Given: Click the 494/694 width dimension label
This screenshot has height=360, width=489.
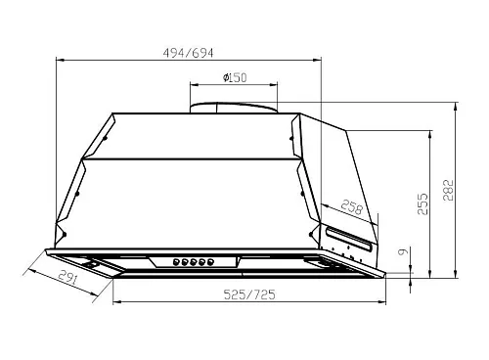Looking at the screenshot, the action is [188, 53].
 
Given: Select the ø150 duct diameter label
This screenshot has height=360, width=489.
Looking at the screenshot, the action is [235, 77].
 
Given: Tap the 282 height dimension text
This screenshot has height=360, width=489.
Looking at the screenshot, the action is [449, 190].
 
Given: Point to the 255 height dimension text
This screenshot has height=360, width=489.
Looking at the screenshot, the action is [422, 203].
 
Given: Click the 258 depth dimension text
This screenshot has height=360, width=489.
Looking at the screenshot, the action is [352, 207].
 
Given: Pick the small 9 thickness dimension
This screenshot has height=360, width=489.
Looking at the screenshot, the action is [403, 251].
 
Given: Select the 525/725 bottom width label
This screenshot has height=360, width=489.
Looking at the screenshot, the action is [249, 294].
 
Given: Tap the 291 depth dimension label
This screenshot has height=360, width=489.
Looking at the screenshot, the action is [68, 278].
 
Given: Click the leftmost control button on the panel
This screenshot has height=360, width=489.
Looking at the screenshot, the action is [176, 261].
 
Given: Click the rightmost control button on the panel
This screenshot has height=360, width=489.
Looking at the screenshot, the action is [210, 261].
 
